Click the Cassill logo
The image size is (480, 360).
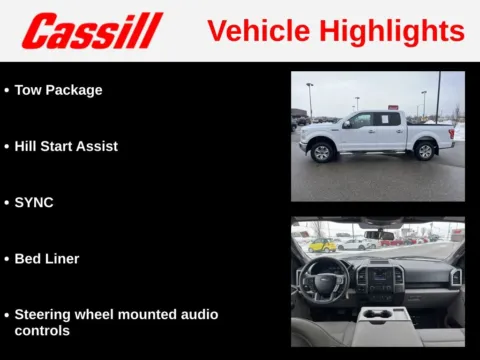[92, 31]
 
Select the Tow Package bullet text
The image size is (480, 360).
[58, 90]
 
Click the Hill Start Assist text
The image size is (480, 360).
[66, 146]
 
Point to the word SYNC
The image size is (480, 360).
[34, 202]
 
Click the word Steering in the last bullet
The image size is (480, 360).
[46, 314]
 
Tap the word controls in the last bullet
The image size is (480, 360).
[42, 330]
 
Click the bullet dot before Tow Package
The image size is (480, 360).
[6, 90]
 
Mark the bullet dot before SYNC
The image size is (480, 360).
[6, 202]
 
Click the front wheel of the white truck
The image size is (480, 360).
[322, 152]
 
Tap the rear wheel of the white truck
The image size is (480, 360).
[425, 151]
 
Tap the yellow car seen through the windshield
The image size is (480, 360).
[323, 245]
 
